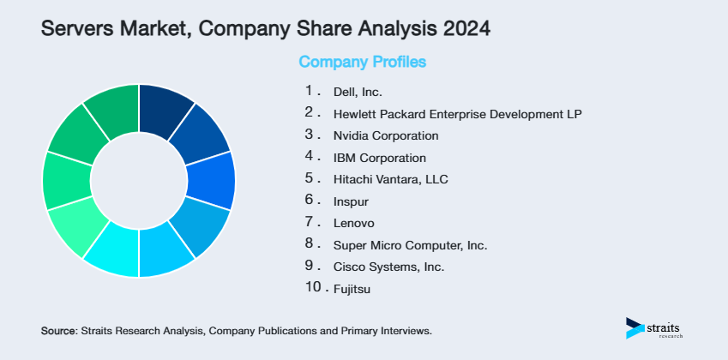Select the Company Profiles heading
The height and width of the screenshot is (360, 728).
[362, 63]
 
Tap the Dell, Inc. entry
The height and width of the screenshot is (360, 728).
[358, 91]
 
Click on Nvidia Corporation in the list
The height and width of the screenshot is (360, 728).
[386, 135]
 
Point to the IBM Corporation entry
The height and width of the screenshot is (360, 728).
[379, 158]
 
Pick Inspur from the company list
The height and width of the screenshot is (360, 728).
[350, 201]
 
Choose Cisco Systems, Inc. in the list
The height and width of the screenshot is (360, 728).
[388, 267]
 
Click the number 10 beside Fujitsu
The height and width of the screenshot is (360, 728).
[312, 289]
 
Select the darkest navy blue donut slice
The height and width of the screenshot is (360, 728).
[165, 109]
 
